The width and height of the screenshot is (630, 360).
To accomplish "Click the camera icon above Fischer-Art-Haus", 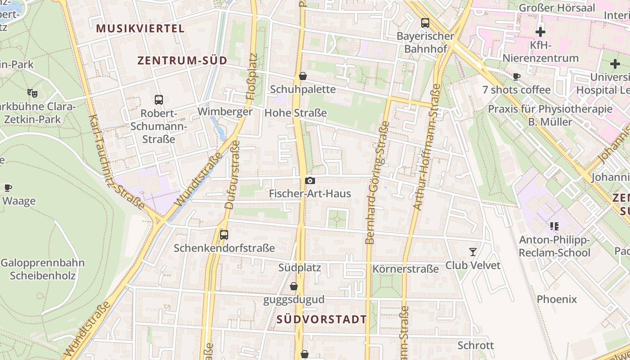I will coord(310,181).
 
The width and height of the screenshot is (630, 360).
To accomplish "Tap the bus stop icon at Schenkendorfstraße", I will coord(224,235).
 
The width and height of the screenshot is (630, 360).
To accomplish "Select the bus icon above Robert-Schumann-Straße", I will coord(158,100).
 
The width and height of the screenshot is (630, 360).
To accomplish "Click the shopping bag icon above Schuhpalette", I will coord(303,76).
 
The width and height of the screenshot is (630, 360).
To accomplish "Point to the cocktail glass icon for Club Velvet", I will coord(472,252).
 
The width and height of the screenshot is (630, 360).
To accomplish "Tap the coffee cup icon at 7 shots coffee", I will coord(517,77).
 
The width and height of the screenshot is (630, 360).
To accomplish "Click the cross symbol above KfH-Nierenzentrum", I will coord(540,32).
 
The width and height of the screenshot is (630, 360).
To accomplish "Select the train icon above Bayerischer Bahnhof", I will coord(425,22).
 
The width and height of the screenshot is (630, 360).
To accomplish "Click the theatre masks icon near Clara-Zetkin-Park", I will coord(32,93).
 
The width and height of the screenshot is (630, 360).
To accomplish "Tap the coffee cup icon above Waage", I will coord(8,188).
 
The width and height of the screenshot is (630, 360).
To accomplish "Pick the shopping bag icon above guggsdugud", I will coord(294,286).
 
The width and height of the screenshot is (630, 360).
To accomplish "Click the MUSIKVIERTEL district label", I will coord(140,28).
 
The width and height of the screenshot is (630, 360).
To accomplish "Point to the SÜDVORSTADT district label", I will coord(322,319).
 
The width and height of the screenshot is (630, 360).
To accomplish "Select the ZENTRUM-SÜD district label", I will coord(182,60).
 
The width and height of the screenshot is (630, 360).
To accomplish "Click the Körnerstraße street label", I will coord(405,269).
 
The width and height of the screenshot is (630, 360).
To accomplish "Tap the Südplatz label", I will coord(299,268).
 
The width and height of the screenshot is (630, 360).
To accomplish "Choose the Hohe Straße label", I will coord(296,113).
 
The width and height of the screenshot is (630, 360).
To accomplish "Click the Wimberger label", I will coord(225,112).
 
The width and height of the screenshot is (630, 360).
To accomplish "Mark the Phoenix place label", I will coord(557,299).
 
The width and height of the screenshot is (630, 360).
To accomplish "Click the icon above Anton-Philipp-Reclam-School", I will coord(554,226).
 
